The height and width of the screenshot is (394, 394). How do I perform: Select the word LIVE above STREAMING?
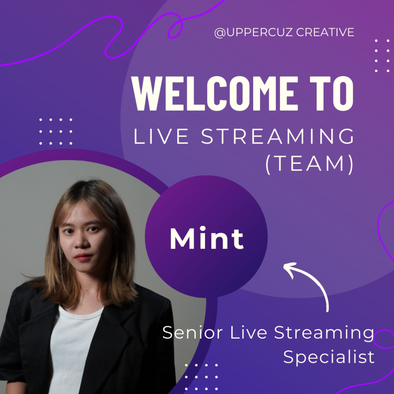(161, 136)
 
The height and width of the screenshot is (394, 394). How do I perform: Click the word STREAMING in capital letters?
(278, 136)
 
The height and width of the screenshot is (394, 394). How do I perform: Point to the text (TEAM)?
(310, 164)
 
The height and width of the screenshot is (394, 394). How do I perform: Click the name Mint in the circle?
(207, 238)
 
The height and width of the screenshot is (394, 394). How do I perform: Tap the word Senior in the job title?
(192, 332)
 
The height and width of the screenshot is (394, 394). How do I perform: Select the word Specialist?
(329, 357)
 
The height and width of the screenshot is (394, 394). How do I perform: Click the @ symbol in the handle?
(220, 33)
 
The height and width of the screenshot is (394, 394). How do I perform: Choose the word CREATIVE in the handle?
(325, 32)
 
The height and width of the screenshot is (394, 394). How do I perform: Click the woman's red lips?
(83, 257)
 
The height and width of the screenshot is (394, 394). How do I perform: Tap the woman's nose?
(81, 242)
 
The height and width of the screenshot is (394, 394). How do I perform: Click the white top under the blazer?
(73, 349)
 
